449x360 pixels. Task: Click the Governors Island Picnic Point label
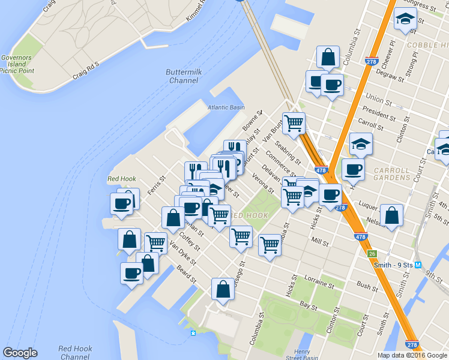coord(17,64)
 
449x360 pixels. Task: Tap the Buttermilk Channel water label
coord(183,76)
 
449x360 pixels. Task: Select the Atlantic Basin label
coord(226,107)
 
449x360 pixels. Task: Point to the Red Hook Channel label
coord(75,352)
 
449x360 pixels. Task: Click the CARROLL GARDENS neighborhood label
coord(391,174)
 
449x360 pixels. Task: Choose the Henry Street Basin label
coord(303,355)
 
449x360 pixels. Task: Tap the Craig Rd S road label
coord(85,69)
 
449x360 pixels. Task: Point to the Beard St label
coord(187,272)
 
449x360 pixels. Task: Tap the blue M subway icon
coord(418,265)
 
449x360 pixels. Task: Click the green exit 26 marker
coord(372,254)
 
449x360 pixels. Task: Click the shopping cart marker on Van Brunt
coord(294,124)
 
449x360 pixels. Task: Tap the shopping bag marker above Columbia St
coord(328,58)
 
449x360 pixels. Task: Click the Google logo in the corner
coord(20,353)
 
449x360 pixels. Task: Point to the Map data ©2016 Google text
coord(412,355)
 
